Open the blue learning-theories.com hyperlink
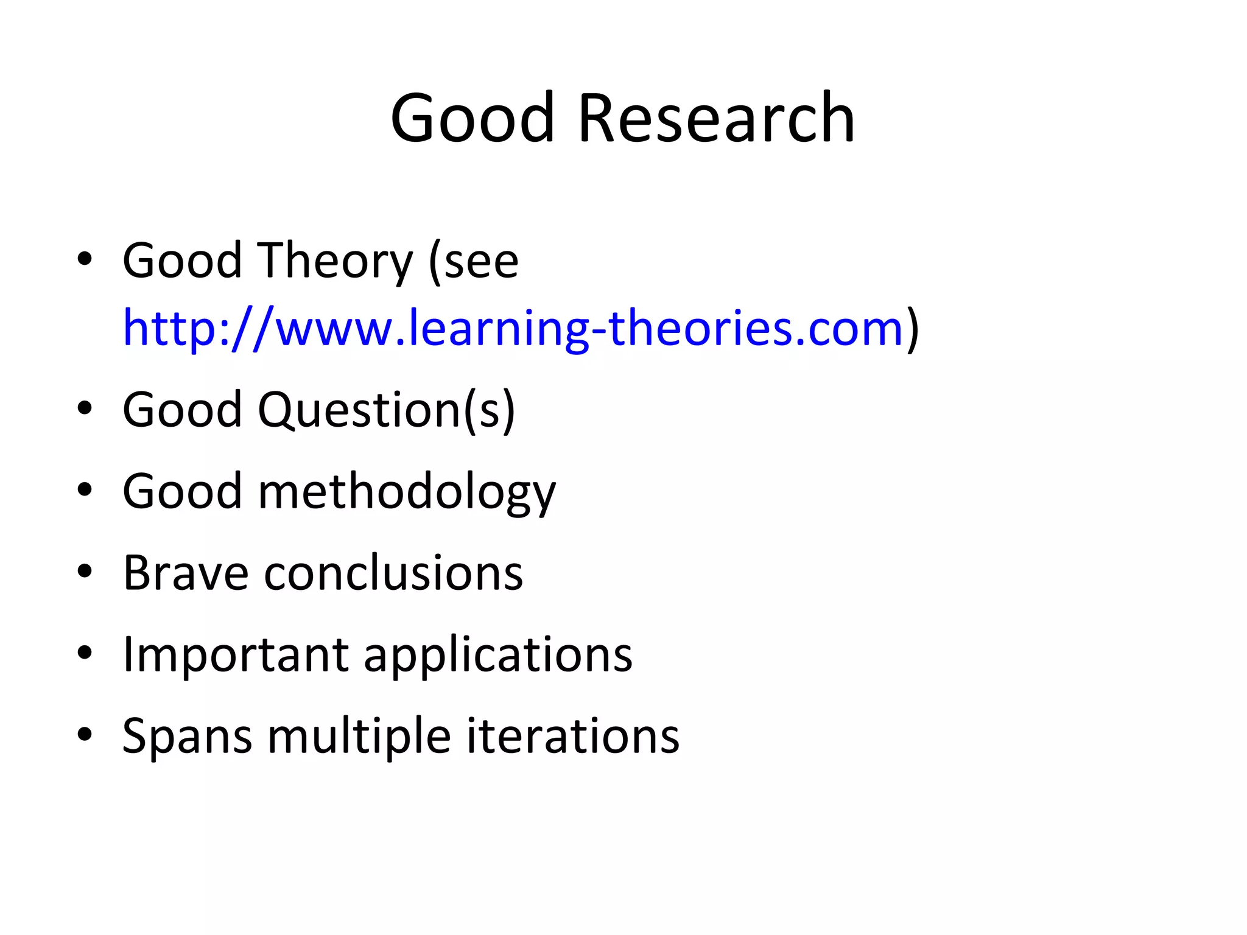[x=513, y=328]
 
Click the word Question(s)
[x=386, y=410]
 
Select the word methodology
[x=407, y=492]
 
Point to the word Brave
[x=186, y=573]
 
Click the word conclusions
[x=393, y=573]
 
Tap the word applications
[x=498, y=654]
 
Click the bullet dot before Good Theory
[x=85, y=260]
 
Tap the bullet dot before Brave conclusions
[x=85, y=572]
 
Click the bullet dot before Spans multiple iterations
[x=85, y=735]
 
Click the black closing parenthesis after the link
[x=912, y=328]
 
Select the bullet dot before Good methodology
[x=85, y=490]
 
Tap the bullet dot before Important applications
[x=85, y=653]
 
